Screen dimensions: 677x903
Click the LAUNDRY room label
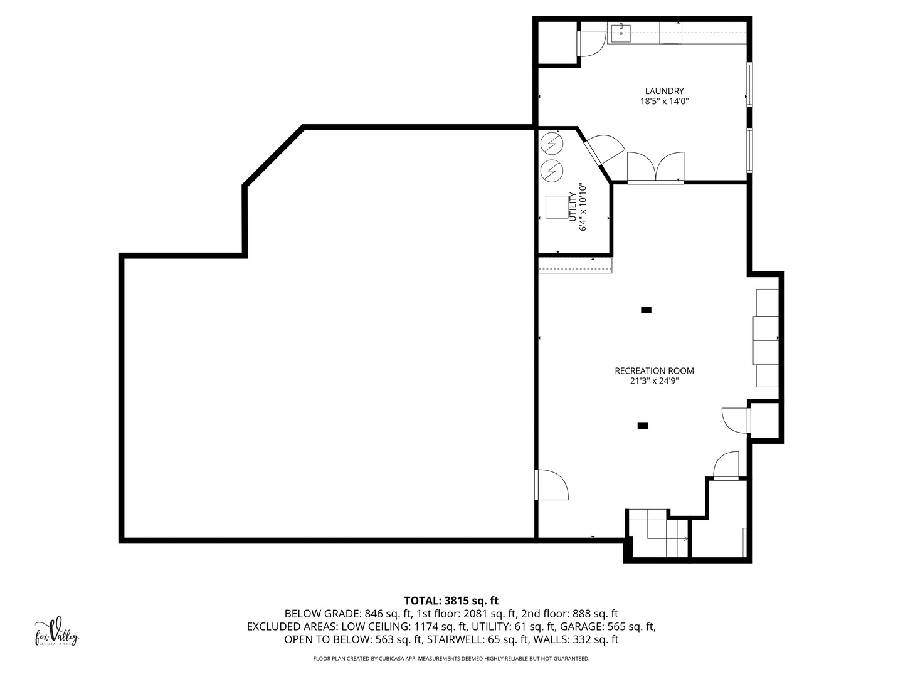point(664,91)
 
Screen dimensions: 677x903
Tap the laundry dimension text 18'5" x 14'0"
point(664,101)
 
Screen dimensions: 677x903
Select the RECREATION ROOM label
point(654,370)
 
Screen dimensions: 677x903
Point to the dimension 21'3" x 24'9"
point(654,380)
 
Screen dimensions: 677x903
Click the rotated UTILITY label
point(573,207)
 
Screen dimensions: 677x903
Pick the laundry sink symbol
point(621,32)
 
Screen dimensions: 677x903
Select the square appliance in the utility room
point(556,207)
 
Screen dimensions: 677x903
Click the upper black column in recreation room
point(646,310)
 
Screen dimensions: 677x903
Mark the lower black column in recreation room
point(642,426)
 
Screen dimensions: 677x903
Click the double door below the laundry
point(655,168)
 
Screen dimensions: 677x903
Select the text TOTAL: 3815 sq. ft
point(451,601)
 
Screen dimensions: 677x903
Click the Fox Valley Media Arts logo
point(56,632)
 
